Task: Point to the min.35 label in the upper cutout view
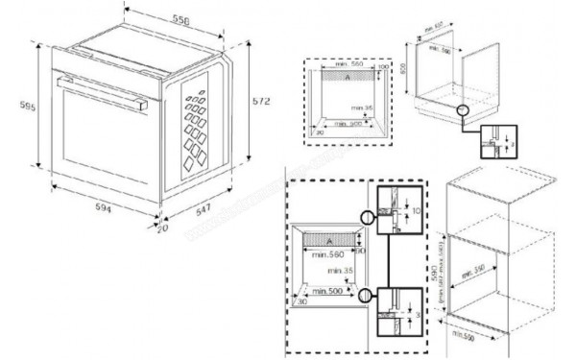[x=361, y=108]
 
